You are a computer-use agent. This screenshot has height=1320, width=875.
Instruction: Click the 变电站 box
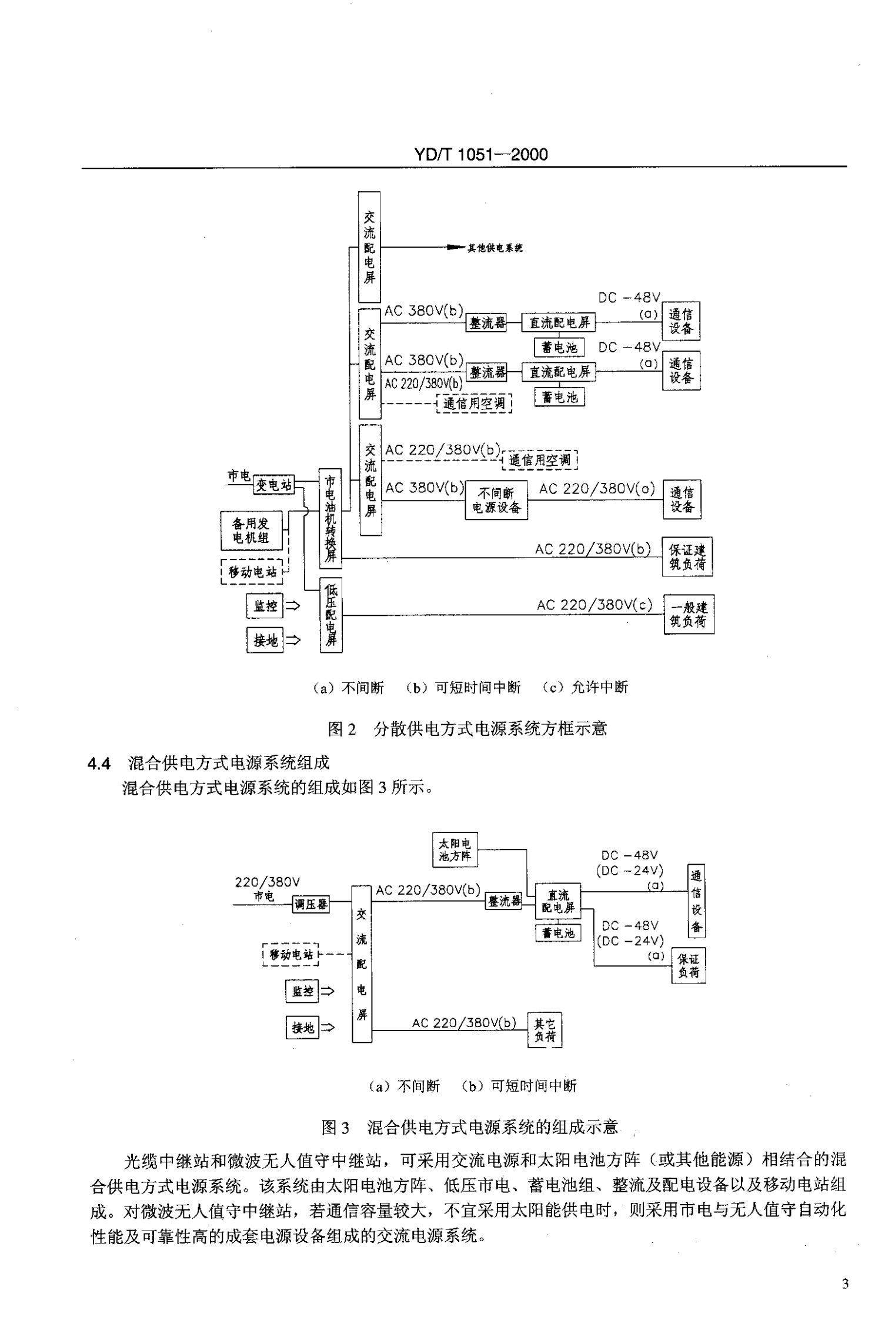tap(273, 485)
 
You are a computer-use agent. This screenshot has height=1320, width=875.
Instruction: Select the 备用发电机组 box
tap(251, 531)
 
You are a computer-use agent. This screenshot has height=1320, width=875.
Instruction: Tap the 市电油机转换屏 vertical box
tap(330, 518)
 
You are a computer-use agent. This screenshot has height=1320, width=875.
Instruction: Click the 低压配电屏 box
tap(331, 615)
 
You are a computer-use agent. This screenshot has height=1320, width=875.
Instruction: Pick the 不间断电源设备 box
tap(496, 500)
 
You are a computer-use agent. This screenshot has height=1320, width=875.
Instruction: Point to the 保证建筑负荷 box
tap(687, 556)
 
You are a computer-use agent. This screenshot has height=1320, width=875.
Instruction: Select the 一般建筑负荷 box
tap(689, 614)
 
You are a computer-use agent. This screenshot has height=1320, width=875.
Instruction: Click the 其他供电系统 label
tap(495, 248)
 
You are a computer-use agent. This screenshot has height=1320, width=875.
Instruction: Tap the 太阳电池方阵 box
tap(455, 849)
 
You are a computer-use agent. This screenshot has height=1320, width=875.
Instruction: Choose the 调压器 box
tap(310, 905)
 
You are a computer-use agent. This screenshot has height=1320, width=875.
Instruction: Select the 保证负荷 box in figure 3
tap(689, 965)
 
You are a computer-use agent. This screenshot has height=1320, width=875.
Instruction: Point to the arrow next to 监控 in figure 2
tap(292, 605)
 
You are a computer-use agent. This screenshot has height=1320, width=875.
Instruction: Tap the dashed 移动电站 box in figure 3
tap(290, 954)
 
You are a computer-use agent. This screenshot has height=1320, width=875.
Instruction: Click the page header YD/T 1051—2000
tap(480, 155)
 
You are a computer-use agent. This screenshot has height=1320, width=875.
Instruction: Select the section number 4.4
tap(99, 764)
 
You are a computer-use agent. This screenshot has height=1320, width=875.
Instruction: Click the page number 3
tap(845, 1284)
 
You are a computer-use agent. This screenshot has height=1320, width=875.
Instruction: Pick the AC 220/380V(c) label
tap(594, 605)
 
